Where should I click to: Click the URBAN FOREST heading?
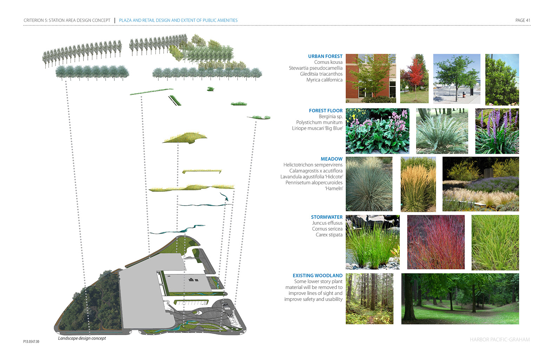click(x=325, y=56)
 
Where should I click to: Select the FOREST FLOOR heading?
click(x=325, y=111)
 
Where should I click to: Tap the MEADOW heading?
click(x=331, y=159)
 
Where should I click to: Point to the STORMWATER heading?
click(x=326, y=217)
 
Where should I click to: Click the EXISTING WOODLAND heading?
click(x=317, y=276)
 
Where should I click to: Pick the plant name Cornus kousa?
click(x=328, y=62)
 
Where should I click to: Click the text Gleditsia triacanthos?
click(x=321, y=74)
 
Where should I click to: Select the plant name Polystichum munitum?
click(x=319, y=123)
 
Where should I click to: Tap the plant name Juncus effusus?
click(x=327, y=223)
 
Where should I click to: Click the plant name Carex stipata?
click(x=329, y=235)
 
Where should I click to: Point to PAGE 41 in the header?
click(x=523, y=20)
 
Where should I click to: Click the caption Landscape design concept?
click(x=82, y=338)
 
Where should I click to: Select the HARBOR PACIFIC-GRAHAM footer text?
click(x=499, y=340)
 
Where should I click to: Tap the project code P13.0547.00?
click(x=31, y=341)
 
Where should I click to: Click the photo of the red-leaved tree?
click(x=414, y=79)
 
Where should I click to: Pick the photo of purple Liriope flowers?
click(x=497, y=131)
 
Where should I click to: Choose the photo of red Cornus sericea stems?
click(x=436, y=242)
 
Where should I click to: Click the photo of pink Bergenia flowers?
click(x=377, y=131)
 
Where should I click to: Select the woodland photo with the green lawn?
click(x=460, y=299)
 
